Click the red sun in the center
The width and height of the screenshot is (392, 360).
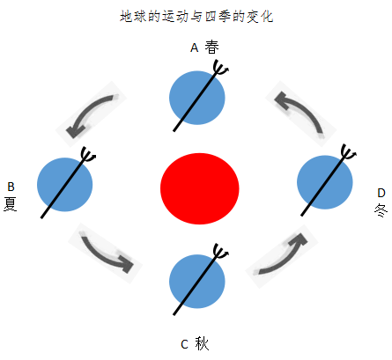coord(200,188)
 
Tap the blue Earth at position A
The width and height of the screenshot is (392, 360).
coord(197,98)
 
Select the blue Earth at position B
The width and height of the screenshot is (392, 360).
coord(65,185)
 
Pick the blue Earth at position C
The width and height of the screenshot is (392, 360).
coord(197,282)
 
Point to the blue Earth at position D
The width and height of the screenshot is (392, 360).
coord(325,182)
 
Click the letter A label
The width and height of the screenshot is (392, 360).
coord(195,48)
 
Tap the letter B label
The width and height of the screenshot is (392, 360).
coord(11,187)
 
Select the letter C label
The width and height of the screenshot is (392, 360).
coord(184,344)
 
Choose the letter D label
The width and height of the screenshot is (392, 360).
coord(381,193)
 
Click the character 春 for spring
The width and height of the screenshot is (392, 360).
coord(211,47)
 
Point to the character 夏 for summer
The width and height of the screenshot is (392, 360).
coord(11,204)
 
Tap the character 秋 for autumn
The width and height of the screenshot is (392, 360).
coord(202,343)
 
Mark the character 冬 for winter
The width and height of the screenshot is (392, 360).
coord(381,210)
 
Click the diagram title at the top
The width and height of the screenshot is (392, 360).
coord(196,16)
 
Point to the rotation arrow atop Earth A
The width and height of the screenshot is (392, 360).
coord(220,69)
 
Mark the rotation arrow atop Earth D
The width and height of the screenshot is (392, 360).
coord(348,153)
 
